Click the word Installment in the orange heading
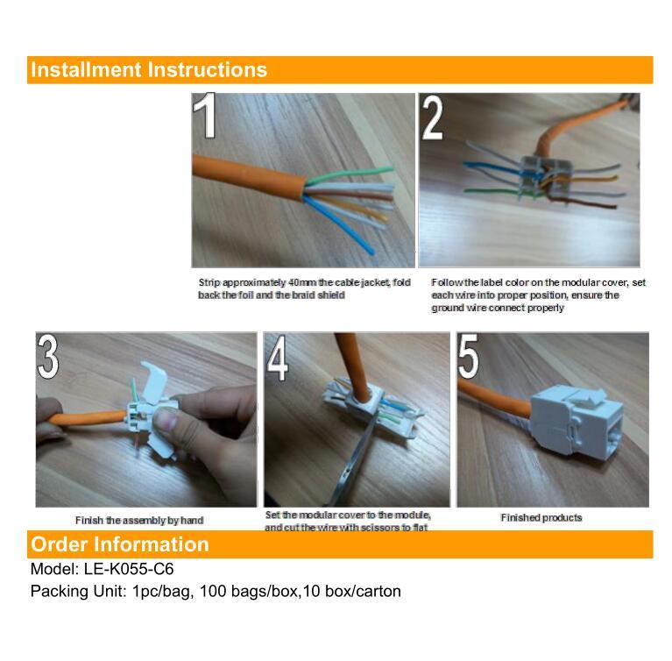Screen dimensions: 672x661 (x=86, y=69)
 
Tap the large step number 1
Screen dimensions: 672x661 (x=205, y=116)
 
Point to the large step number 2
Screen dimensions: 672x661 (x=433, y=117)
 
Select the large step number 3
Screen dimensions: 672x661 (x=48, y=356)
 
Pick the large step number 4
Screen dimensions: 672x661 (x=277, y=358)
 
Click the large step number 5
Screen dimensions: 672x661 (x=469, y=356)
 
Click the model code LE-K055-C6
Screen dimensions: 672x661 (x=129, y=569)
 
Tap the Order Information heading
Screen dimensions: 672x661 (x=120, y=544)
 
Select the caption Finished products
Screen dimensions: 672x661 (x=541, y=518)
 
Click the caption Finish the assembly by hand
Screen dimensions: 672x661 (x=139, y=521)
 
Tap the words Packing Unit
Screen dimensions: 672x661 (x=78, y=591)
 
